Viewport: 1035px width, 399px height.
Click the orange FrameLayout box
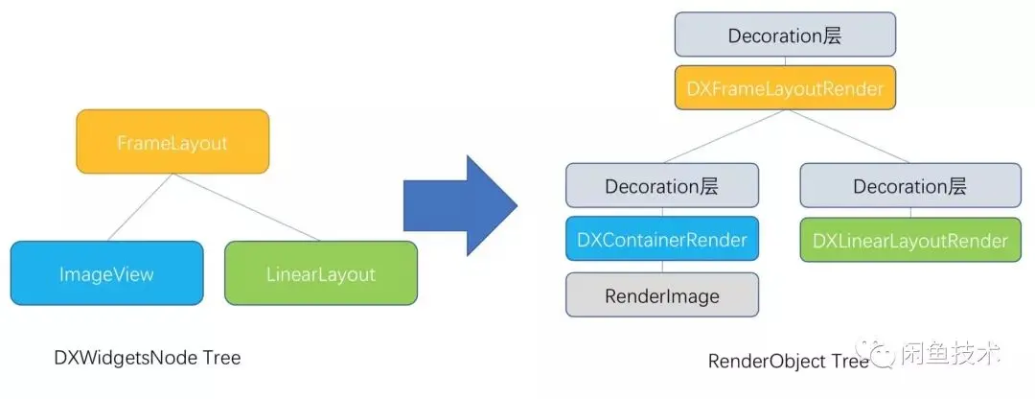point(172,142)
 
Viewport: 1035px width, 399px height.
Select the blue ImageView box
point(107,272)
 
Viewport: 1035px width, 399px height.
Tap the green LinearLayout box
point(321,272)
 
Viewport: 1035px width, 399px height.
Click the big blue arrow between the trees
point(460,205)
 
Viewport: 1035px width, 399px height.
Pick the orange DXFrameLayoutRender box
point(785,88)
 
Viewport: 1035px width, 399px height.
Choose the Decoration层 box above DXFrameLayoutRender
point(785,35)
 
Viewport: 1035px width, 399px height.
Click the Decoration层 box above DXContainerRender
point(662,186)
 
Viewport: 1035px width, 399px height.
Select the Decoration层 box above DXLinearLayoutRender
point(910,186)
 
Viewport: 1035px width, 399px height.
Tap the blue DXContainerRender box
point(662,239)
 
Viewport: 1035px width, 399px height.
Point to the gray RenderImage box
point(662,294)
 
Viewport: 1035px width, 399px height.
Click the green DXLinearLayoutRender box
point(910,239)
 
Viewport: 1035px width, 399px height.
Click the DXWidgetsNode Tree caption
point(148,358)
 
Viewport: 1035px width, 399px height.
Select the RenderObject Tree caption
point(788,362)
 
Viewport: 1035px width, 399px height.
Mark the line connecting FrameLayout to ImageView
point(140,207)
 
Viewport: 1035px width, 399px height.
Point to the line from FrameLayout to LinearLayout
point(246,207)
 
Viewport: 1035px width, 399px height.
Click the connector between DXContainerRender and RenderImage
point(662,267)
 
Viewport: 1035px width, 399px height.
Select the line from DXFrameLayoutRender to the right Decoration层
point(847,136)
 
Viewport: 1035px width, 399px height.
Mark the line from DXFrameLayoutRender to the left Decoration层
point(724,136)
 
